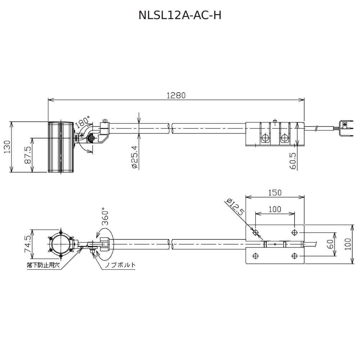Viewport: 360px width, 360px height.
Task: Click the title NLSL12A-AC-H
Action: click(180, 15)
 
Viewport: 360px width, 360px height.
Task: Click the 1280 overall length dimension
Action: click(176, 95)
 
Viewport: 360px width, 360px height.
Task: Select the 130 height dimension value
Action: click(7, 147)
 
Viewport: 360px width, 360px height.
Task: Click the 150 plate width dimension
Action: click(275, 192)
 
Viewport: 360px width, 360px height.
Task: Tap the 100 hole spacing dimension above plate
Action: click(275, 209)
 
